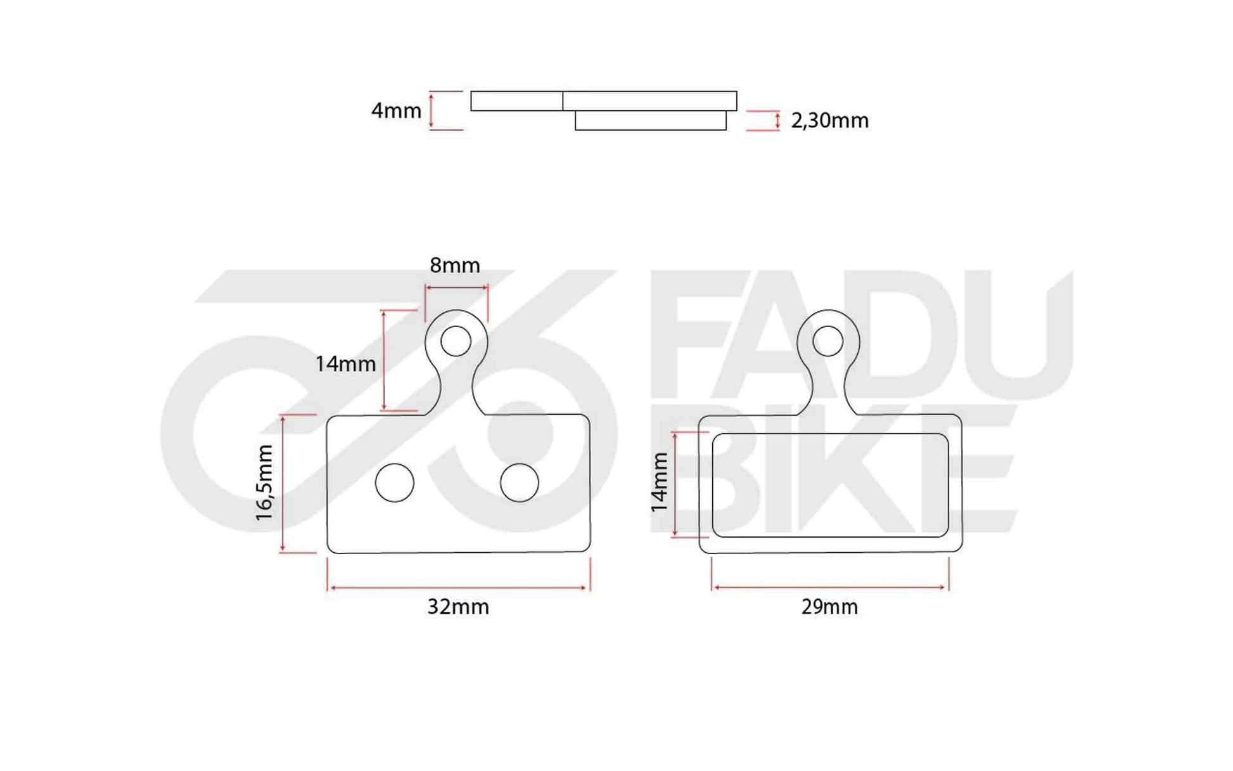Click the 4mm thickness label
pyautogui.click(x=396, y=111)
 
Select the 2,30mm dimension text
pyautogui.click(x=829, y=120)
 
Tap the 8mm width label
pyautogui.click(x=454, y=265)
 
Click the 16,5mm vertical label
pyautogui.click(x=264, y=483)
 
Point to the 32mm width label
pyautogui.click(x=457, y=607)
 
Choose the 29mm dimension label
pyautogui.click(x=829, y=607)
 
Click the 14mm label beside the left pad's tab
pyautogui.click(x=345, y=364)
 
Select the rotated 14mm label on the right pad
pyautogui.click(x=660, y=483)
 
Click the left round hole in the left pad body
pyautogui.click(x=395, y=483)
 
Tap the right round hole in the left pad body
pyautogui.click(x=519, y=483)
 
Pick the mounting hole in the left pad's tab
pyautogui.click(x=456, y=341)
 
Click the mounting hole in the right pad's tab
pyautogui.click(x=827, y=341)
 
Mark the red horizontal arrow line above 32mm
pyautogui.click(x=457, y=588)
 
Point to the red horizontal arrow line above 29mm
pyautogui.click(x=829, y=588)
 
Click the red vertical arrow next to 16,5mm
pyautogui.click(x=283, y=483)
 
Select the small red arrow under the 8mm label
pyautogui.click(x=456, y=287)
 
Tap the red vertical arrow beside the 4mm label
pyautogui.click(x=431, y=111)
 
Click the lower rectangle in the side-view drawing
pyautogui.click(x=650, y=120)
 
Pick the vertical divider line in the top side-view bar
pyautogui.click(x=563, y=101)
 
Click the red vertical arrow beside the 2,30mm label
pyautogui.click(x=777, y=120)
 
